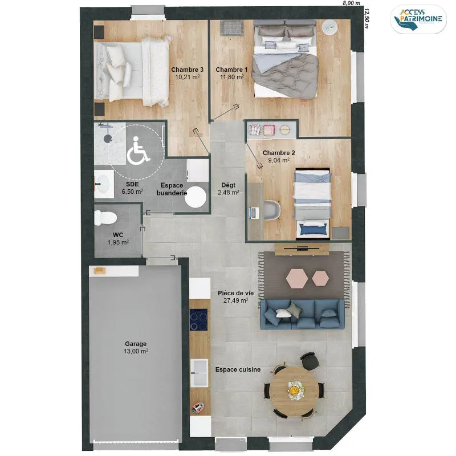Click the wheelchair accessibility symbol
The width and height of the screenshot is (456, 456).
tap(138, 150)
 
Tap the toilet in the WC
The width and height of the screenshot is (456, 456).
tap(105, 218)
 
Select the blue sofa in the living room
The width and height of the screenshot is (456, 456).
tap(303, 315)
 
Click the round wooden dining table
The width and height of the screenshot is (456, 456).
tap(294, 388)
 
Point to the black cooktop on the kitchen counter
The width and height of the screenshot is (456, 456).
tap(198, 320)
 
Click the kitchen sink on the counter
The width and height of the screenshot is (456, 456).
tap(199, 373)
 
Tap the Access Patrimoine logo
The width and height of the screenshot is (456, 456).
tap(418, 19)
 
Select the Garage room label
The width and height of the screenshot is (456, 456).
tap(136, 344)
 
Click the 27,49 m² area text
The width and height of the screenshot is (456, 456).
tap(236, 300)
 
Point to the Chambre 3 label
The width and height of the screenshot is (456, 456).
tap(188, 70)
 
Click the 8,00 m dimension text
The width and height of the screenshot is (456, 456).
tap(352, 3)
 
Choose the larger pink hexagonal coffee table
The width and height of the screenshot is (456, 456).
tap(296, 278)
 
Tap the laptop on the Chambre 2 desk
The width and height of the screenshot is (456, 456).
tap(253, 213)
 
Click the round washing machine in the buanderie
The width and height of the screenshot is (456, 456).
tap(195, 197)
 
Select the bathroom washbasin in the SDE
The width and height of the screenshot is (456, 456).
tap(103, 184)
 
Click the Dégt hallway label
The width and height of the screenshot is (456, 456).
tap(229, 185)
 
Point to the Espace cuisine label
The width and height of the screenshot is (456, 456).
tap(238, 369)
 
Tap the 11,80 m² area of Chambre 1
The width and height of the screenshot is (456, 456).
tap(232, 77)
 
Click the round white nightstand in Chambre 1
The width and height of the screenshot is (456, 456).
tap(330, 27)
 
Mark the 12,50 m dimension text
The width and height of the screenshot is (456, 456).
tap(367, 18)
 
